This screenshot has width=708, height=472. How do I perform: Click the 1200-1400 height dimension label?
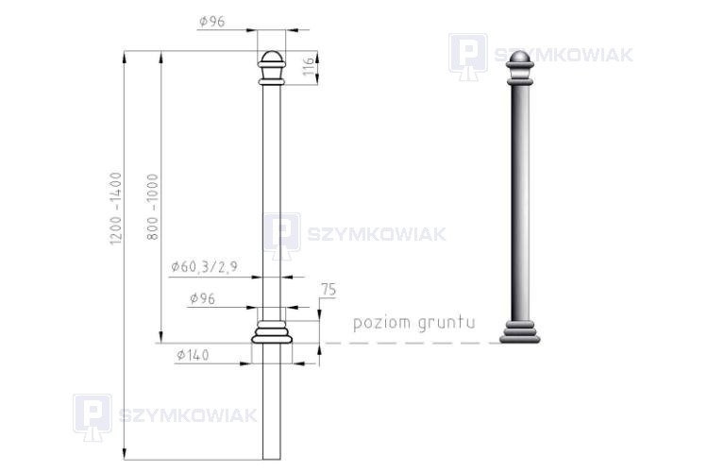point(116,209)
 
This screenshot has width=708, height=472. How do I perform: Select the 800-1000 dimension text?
point(153,207)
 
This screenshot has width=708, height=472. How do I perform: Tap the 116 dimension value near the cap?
point(309,66)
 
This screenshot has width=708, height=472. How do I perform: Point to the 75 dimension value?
point(329,290)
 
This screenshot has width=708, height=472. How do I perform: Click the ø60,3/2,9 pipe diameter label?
point(204,267)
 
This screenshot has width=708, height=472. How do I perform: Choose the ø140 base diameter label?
point(194,355)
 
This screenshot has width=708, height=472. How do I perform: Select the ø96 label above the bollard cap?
point(211,21)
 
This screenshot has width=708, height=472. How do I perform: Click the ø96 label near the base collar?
point(202,298)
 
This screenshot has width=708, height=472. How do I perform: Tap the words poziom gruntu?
point(414,324)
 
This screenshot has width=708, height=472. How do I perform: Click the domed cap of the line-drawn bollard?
point(271,59)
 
